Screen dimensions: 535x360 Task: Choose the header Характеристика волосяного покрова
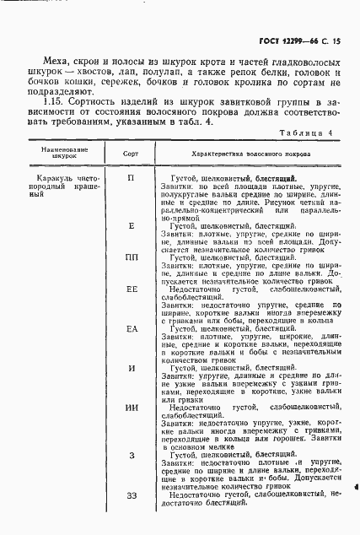pos(238,155)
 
